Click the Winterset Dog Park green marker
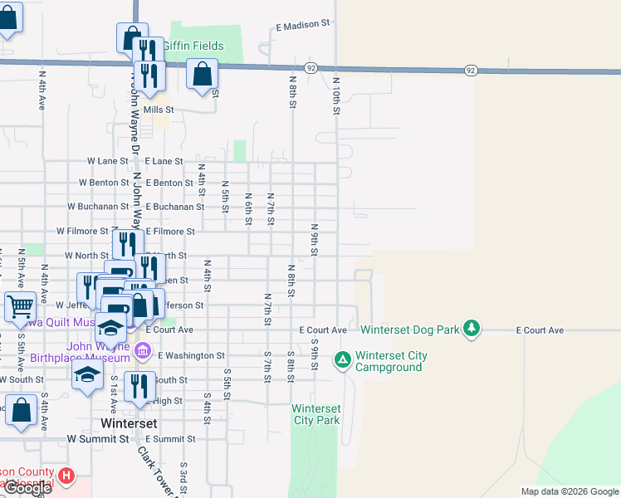[x=472, y=329]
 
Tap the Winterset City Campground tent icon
[x=342, y=360]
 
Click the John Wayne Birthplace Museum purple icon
[x=143, y=352]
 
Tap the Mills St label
[x=159, y=110]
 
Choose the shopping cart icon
[x=21, y=306]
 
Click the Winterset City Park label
[x=316, y=414]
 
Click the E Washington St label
[x=191, y=355]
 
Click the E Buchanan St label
[x=174, y=207]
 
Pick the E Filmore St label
[x=170, y=232]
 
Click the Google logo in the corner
[x=27, y=488]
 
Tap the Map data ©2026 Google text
[x=570, y=491]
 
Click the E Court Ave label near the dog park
[x=540, y=330]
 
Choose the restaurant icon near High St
[x=139, y=387]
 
